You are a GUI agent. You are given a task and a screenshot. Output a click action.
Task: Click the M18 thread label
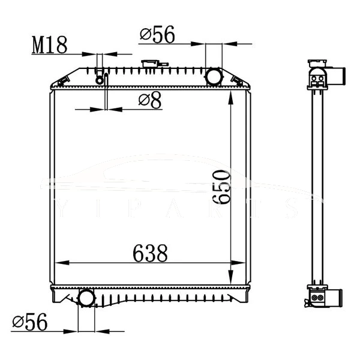tap(49, 44)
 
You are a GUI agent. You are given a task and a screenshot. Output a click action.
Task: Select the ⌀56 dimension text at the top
tap(157, 35)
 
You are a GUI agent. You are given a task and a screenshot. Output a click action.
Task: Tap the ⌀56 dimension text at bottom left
tap(29, 322)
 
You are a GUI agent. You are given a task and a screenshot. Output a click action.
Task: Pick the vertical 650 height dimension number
tap(221, 187)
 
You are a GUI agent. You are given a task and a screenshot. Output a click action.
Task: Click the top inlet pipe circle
tap(214, 77)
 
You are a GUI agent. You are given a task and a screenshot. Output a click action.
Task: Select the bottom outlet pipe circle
tap(86, 298)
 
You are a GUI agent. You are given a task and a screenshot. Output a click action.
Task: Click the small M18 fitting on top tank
tap(100, 78)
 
